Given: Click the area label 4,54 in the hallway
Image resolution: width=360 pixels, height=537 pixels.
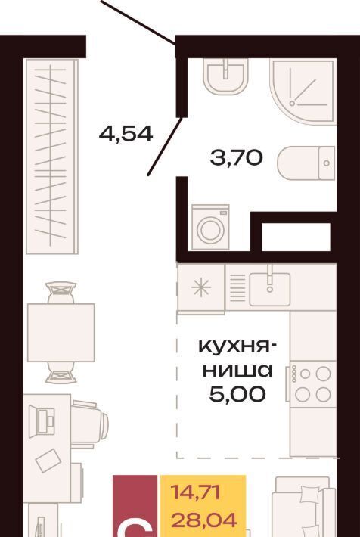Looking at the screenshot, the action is point(126,134).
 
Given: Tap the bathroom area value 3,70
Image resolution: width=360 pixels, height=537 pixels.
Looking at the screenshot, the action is point(237,158).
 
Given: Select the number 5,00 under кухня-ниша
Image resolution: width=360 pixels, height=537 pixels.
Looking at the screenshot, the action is point(237,394).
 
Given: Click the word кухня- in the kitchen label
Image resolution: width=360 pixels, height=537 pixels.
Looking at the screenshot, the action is point(238,347).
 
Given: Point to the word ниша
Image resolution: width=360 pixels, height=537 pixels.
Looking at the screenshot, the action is point(237,370).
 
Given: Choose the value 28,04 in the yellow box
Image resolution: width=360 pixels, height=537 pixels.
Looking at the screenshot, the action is point(204,520).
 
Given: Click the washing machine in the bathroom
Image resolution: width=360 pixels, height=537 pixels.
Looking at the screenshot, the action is point(210,227).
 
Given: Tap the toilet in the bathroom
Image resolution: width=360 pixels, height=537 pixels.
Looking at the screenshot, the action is point(306,163).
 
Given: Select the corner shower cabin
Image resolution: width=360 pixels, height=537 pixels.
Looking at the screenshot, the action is point(303,91).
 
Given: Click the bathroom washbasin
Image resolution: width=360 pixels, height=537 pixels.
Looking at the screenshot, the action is point(225,76).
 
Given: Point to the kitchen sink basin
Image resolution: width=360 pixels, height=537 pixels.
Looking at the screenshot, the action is point(270,289).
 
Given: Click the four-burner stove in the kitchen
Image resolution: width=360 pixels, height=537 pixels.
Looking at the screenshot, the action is point(312,384).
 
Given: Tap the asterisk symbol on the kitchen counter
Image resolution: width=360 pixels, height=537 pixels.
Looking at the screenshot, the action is point(201,287).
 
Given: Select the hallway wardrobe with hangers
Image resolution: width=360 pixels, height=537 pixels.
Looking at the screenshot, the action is point(52,157).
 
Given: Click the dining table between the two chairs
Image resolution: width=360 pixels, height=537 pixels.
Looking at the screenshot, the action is point(61,332).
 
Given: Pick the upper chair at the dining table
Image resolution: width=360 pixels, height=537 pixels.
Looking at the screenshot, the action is point(61,293).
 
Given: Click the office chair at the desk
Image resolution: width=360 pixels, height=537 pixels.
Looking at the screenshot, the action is point(89,424).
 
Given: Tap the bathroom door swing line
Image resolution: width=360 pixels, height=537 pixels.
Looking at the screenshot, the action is point(165,146).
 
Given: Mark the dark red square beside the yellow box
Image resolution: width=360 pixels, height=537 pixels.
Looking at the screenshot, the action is point(135,506).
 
